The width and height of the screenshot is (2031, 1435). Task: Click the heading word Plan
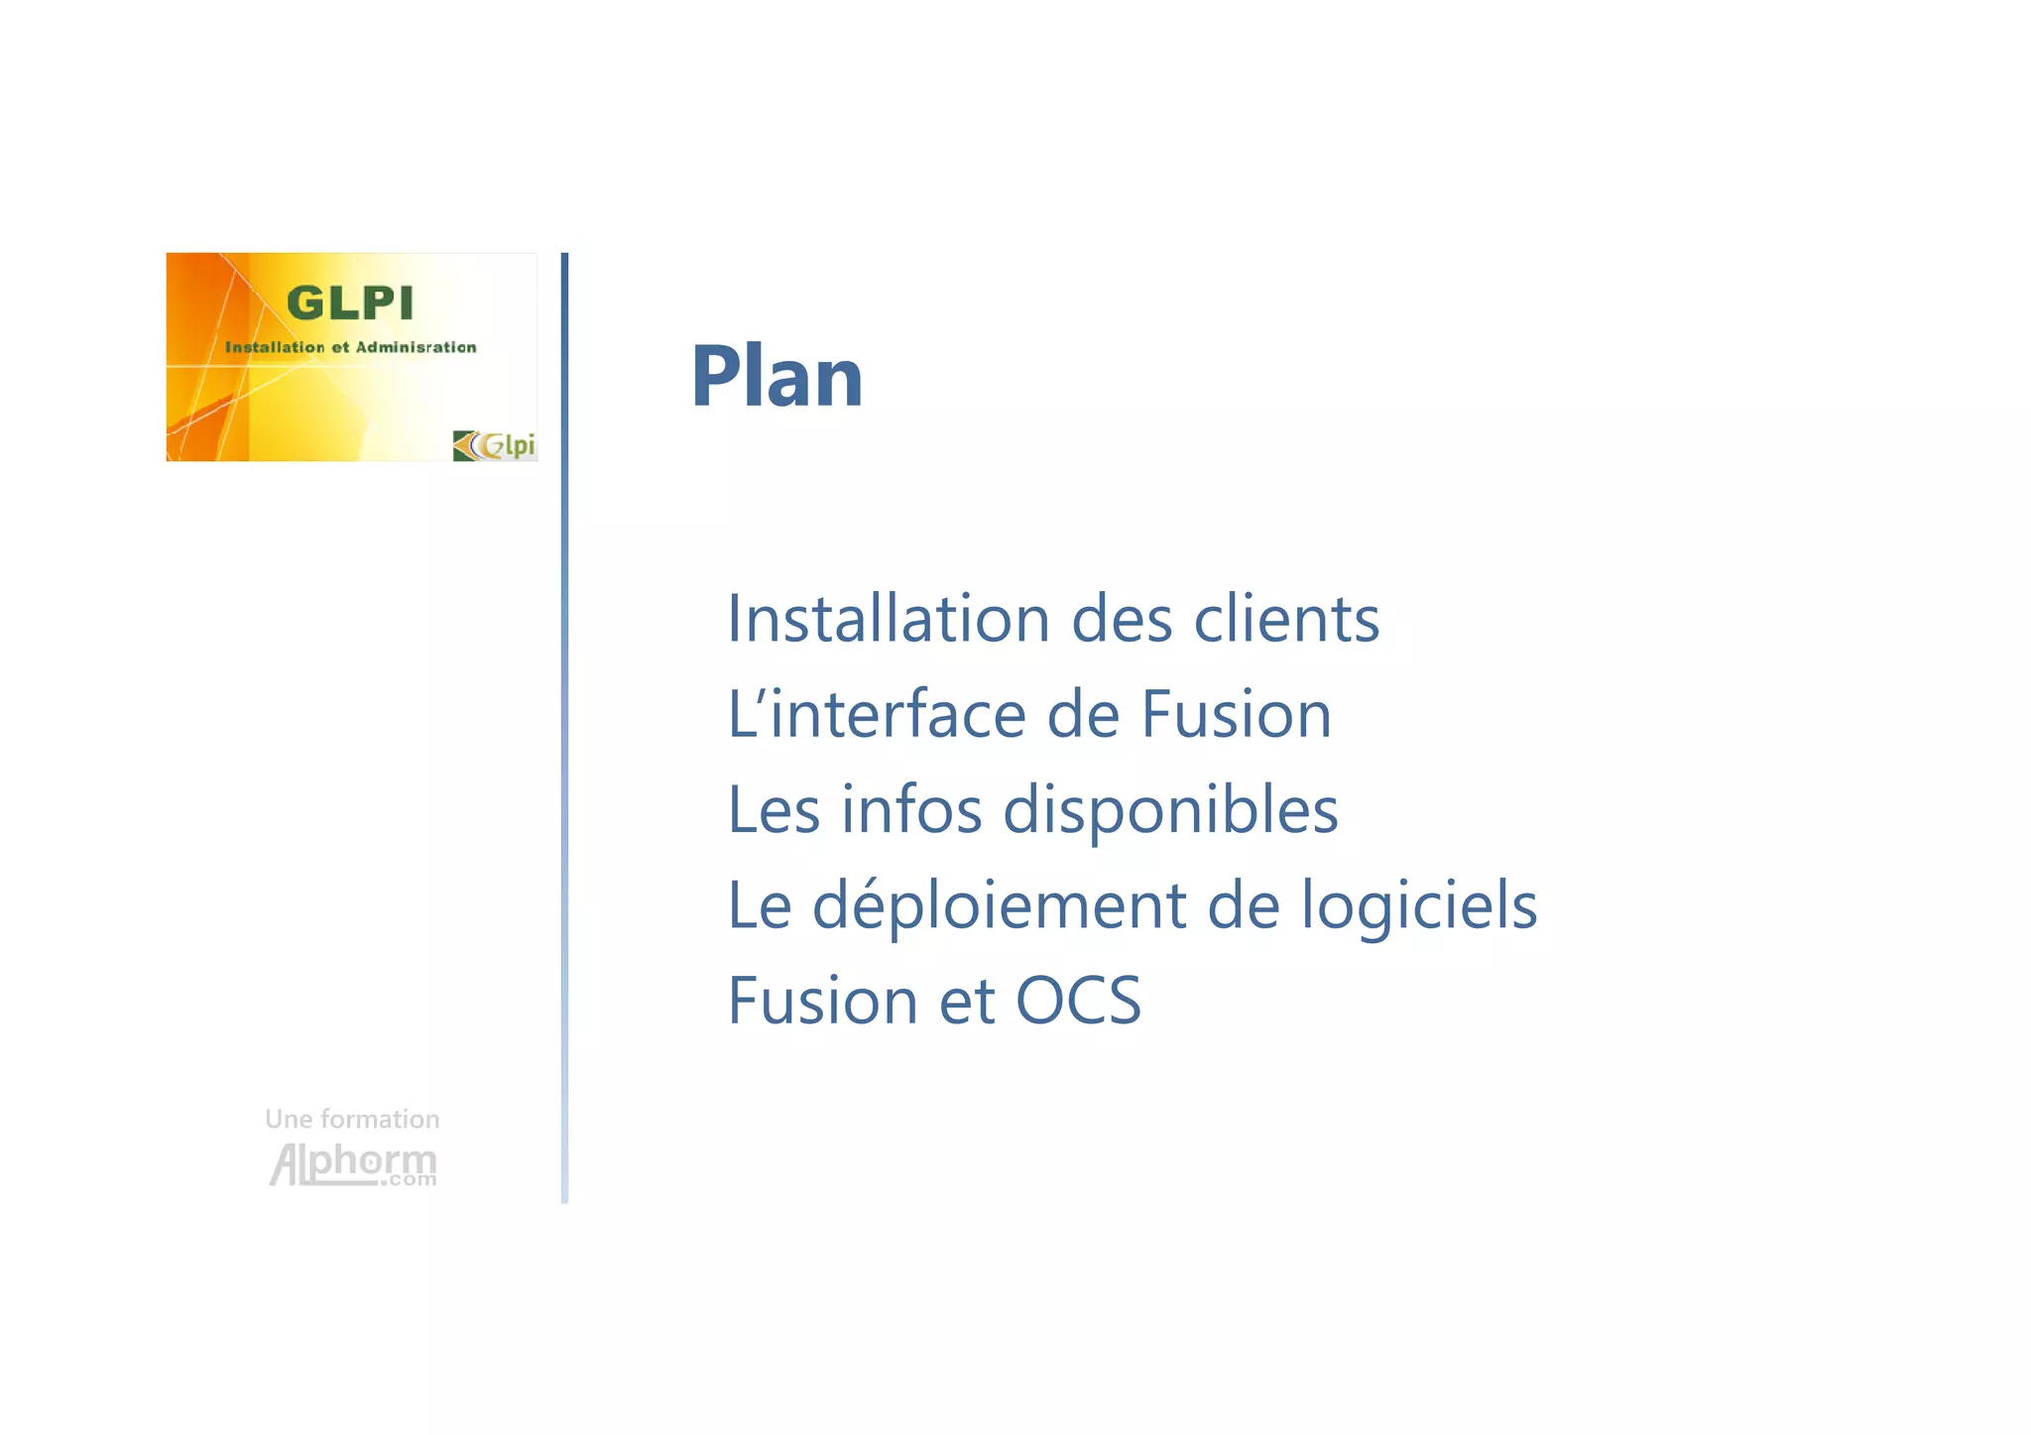click(777, 376)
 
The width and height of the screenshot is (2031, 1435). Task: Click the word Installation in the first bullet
click(888, 619)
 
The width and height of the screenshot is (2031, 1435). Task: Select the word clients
click(1286, 619)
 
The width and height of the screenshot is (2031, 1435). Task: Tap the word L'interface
click(876, 714)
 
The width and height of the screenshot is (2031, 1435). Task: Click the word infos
click(911, 809)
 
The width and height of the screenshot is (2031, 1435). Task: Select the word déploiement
click(999, 905)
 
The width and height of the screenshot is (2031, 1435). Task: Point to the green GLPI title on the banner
click(349, 303)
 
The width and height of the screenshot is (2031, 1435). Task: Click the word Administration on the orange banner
click(416, 347)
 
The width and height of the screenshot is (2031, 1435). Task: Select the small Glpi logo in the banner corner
click(494, 445)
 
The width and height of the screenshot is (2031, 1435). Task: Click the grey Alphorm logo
click(353, 1163)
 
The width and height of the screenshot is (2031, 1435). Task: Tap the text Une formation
click(352, 1119)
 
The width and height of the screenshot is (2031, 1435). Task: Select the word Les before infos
click(774, 809)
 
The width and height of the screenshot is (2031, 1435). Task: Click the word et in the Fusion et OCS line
click(966, 1000)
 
